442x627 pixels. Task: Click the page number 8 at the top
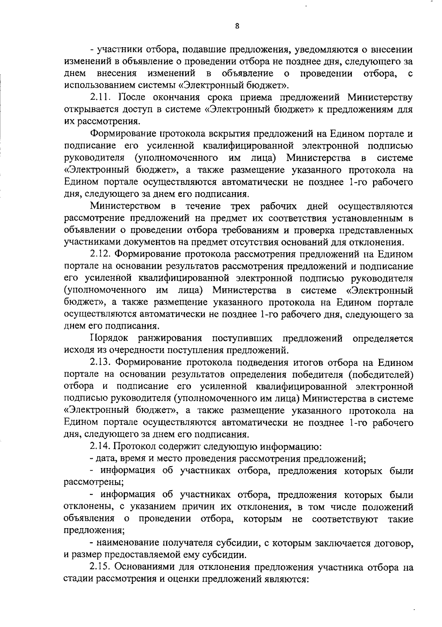(x=237, y=26)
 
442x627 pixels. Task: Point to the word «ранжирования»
(x=170, y=338)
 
